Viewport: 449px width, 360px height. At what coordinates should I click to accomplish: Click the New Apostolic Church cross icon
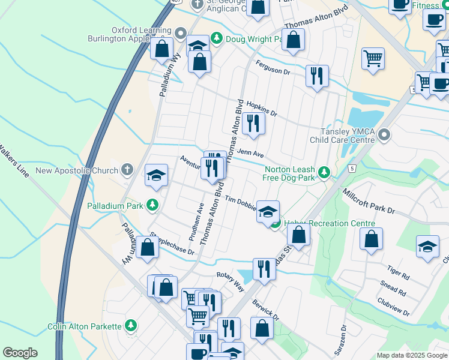point(127,170)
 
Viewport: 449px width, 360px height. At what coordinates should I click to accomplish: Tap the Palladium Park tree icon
point(153,206)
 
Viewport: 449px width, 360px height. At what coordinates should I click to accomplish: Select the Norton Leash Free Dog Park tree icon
point(324,173)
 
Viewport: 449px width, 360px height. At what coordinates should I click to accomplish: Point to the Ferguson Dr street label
point(273,67)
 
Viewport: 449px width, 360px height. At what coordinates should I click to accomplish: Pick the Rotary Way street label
point(231,280)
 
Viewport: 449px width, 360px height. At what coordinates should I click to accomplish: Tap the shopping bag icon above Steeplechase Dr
point(147,247)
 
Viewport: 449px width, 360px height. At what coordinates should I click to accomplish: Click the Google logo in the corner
point(20,353)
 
